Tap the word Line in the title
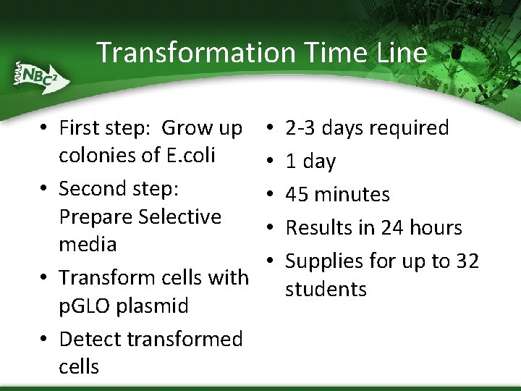[x=397, y=53]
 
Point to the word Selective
[x=180, y=216]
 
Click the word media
[x=88, y=245]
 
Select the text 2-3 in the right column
[x=301, y=128]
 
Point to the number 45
[x=297, y=195]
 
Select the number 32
[x=467, y=261]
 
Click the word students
[x=326, y=290]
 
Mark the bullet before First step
[x=45, y=129]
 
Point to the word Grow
[x=185, y=128]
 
